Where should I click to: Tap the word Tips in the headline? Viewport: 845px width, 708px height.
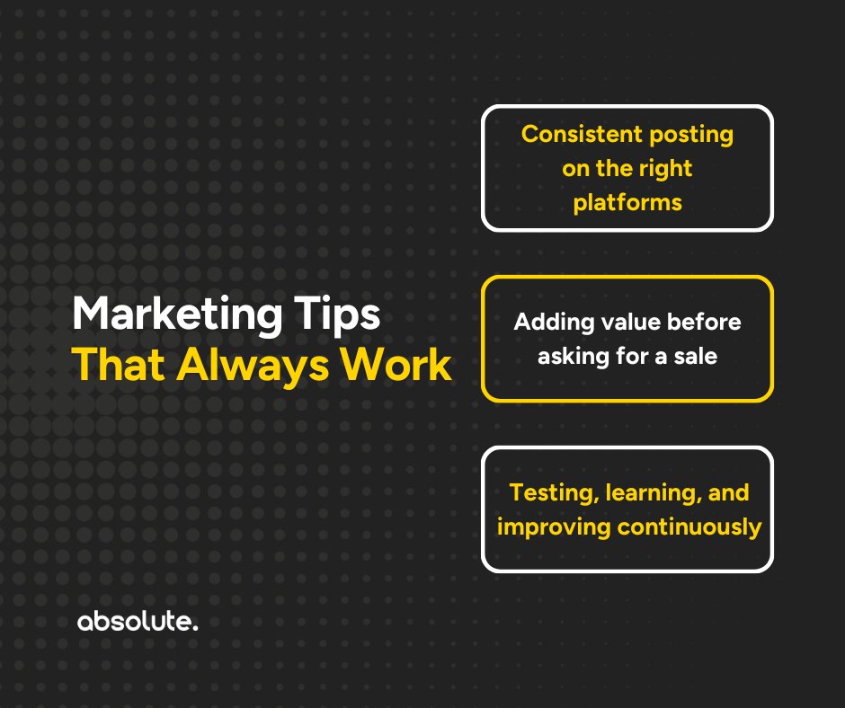tap(342, 317)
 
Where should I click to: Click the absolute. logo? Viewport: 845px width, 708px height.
tap(137, 622)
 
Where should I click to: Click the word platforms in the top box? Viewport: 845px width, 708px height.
tap(627, 202)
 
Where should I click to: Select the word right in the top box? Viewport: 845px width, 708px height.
tap(666, 168)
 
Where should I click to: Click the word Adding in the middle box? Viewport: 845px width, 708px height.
tap(548, 323)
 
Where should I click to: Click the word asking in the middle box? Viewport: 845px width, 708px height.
tap(571, 356)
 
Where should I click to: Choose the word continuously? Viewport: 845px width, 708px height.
tap(689, 527)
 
